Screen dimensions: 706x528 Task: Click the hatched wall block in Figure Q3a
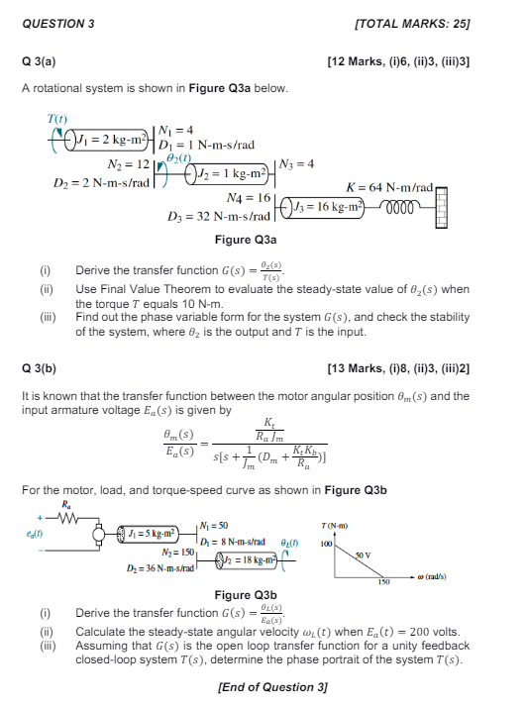click(x=442, y=204)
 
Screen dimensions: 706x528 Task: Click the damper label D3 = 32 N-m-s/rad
click(x=219, y=215)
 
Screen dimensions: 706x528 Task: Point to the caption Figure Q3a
click(x=245, y=240)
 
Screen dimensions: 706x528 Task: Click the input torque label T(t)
click(x=55, y=119)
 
